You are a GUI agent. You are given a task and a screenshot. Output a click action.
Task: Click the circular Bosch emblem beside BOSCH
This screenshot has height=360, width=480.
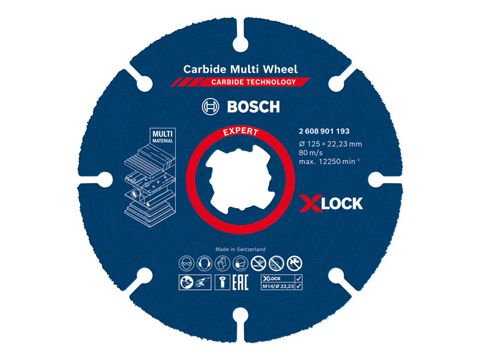click(x=211, y=107)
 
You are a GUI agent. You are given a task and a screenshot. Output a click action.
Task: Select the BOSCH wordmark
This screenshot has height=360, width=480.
click(x=253, y=107)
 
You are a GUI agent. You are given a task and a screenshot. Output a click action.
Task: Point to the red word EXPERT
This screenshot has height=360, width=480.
click(x=241, y=131)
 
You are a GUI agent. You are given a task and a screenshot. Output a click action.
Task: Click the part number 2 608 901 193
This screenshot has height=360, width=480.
click(x=324, y=131)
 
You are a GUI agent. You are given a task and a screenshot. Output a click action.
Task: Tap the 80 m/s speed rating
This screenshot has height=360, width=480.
click(x=311, y=153)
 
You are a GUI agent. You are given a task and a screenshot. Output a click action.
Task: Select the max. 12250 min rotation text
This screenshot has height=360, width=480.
click(x=329, y=161)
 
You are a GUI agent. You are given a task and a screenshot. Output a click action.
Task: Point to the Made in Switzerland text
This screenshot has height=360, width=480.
click(x=241, y=250)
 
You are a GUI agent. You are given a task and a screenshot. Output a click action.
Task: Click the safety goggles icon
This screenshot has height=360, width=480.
click(x=187, y=263)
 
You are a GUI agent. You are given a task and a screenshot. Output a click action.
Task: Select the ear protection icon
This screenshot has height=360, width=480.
click(x=205, y=263)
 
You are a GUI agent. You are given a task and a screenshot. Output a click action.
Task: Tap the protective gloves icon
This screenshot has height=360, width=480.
click(x=223, y=263)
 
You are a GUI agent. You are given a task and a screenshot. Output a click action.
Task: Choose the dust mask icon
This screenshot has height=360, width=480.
click(x=241, y=263)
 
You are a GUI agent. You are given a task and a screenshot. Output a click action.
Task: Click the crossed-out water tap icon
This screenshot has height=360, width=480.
click(x=295, y=263)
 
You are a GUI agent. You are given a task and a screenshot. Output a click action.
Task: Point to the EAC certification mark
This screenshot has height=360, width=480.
click(x=241, y=283)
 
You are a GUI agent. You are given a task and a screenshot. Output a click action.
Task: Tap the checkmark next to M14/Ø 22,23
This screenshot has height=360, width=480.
click(x=299, y=286)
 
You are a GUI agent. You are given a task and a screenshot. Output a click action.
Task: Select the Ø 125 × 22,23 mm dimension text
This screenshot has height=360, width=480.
click(x=331, y=144)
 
